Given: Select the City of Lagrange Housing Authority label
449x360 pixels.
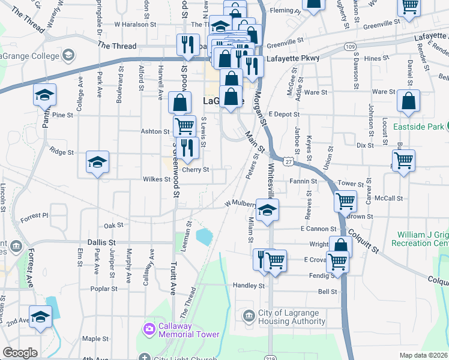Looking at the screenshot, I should (292, 317).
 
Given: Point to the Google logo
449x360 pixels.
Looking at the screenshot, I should (20, 353).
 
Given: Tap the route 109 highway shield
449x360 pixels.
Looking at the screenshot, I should (351, 46).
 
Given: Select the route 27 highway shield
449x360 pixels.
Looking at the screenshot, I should (289, 162).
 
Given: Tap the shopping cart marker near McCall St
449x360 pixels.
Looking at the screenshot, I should (345, 200).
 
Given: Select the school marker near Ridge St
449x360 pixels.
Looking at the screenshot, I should (97, 161).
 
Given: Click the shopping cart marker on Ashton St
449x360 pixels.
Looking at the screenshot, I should (184, 126).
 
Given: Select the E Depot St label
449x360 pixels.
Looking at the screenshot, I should (283, 114).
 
